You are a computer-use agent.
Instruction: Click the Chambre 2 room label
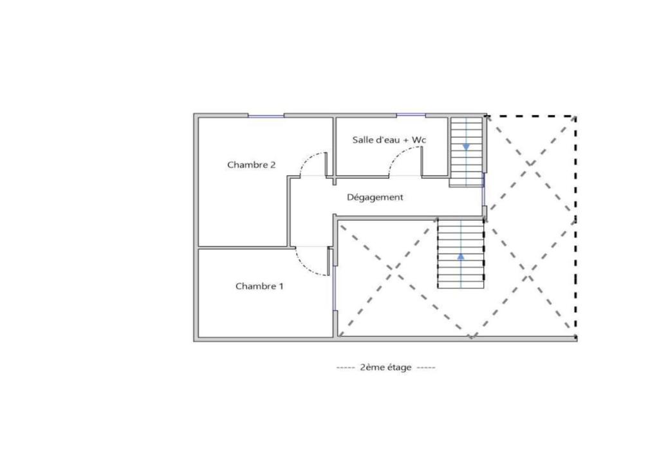pos(252,165)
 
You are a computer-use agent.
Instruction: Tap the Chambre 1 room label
pos(259,286)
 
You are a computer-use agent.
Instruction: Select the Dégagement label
pos(375,197)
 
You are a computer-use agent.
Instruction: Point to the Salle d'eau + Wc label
pos(389,140)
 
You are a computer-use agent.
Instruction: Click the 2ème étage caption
pos(386,368)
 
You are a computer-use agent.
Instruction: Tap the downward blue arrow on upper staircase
pos(466,147)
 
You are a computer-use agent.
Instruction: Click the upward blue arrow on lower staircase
pos(461,256)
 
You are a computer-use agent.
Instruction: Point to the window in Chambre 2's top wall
pos(266,116)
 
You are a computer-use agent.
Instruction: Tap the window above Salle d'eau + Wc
pos(411,115)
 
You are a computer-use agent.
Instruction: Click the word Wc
pos(418,140)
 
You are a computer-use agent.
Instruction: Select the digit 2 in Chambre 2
pos(273,165)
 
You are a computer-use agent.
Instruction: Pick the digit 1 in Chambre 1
pos(281,286)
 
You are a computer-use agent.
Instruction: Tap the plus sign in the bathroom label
pos(405,140)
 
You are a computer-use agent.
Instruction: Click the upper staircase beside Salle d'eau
pos(466,152)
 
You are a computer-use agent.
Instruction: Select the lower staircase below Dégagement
pos(461,254)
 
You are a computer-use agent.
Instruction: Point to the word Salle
pos(362,140)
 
